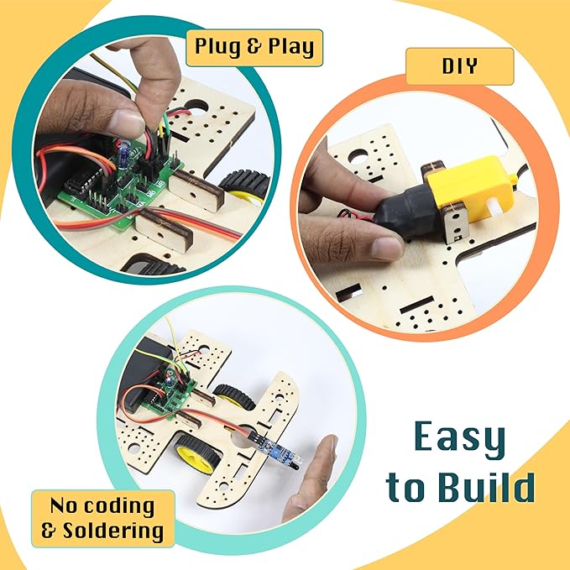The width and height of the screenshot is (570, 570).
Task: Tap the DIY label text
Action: coord(458,66)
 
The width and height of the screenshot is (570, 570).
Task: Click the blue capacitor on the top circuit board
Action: coord(124,152)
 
